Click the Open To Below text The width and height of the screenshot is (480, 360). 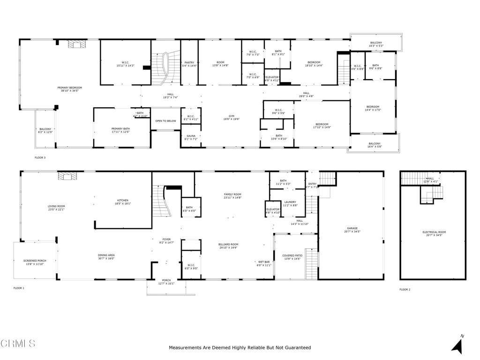tap(165, 121)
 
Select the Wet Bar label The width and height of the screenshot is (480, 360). tap(264, 263)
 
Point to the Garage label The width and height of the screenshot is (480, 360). tap(352, 230)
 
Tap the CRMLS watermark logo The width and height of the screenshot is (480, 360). tap(18, 344)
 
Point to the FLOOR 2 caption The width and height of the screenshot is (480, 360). tap(405, 290)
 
